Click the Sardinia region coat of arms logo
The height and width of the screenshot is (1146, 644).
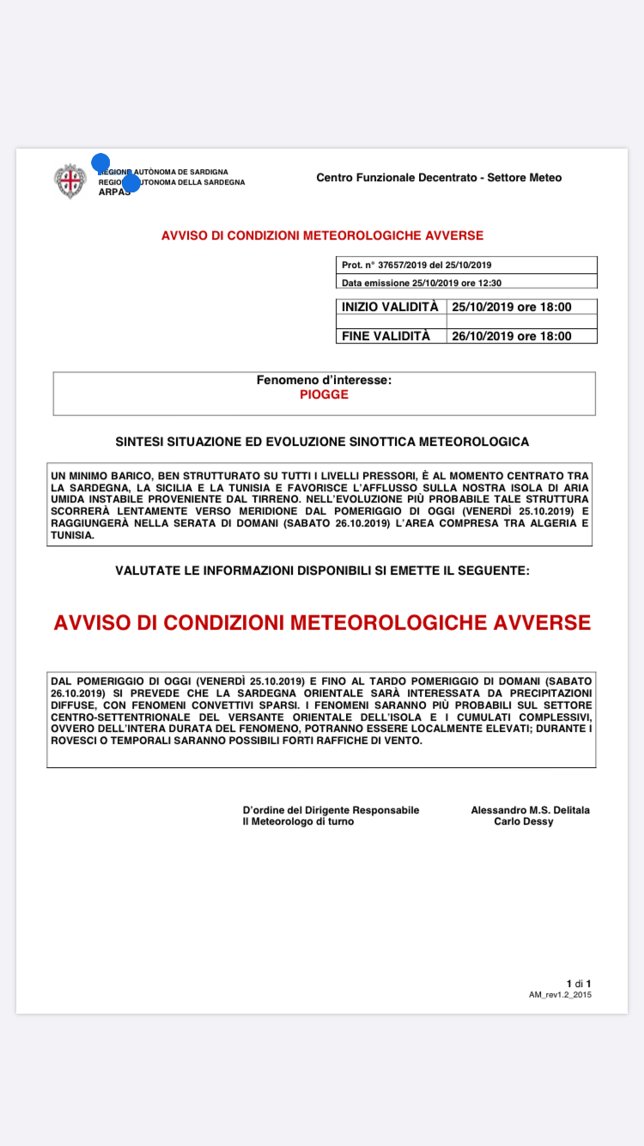coord(70,180)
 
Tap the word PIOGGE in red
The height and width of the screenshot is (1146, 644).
coord(324,395)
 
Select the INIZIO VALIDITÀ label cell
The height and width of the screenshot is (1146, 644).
coord(390,307)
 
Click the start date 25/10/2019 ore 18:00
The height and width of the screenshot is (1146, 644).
coord(512,307)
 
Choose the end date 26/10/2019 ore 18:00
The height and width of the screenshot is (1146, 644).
coord(512,336)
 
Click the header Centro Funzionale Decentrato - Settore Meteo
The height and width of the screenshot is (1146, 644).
coord(439,178)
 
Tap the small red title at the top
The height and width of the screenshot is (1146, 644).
coord(322,235)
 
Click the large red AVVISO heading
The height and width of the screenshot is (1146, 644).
coord(322,623)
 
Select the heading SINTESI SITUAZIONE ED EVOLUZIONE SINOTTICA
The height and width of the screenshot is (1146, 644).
coord(322,442)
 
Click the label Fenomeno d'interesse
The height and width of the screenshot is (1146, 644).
coord(324,380)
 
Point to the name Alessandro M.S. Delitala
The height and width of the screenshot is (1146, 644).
coord(530,810)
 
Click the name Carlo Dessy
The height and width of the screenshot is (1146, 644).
coord(524,821)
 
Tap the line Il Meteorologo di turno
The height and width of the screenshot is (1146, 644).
coord(297,821)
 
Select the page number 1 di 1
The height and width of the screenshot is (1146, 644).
coord(578,983)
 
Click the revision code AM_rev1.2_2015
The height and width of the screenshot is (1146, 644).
coord(560,995)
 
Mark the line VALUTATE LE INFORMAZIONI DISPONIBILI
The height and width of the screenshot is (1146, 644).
coord(322,570)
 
